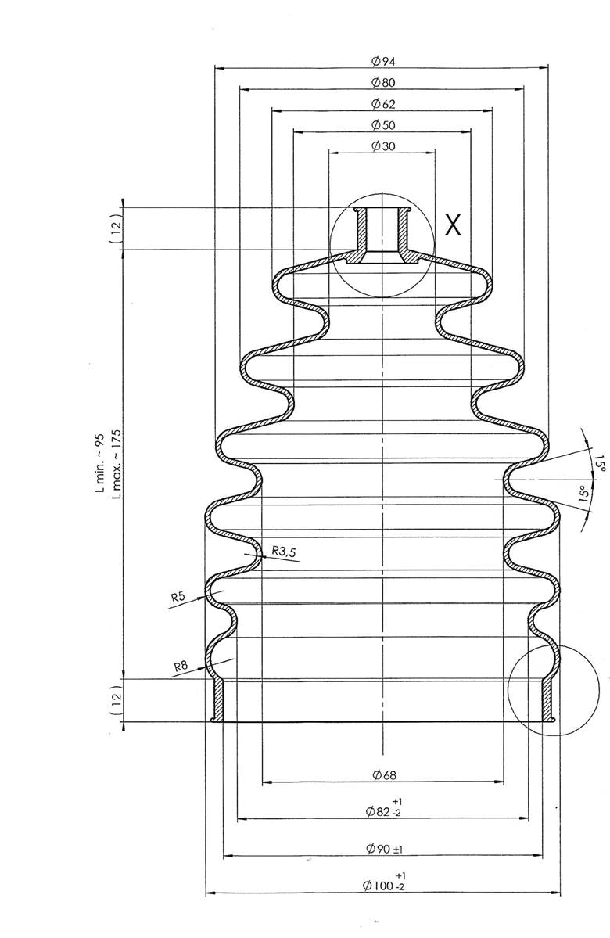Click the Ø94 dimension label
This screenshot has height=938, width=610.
[382, 61]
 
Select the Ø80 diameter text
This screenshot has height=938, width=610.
[382, 82]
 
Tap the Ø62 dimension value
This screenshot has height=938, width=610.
[382, 103]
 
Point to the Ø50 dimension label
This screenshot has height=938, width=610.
[382, 125]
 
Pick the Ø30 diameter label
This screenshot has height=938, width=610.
[382, 146]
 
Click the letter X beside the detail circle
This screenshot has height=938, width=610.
[453, 225]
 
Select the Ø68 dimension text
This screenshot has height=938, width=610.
[384, 774]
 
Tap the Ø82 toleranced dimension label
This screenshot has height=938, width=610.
[384, 810]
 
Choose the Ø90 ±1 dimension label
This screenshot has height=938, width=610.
[384, 849]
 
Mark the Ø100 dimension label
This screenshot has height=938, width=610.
[384, 884]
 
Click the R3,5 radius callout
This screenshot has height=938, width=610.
[284, 552]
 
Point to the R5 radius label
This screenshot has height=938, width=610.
[178, 598]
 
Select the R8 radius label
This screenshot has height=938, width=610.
[181, 667]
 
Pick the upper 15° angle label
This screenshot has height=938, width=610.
[599, 463]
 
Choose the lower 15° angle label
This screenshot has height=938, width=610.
[582, 494]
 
